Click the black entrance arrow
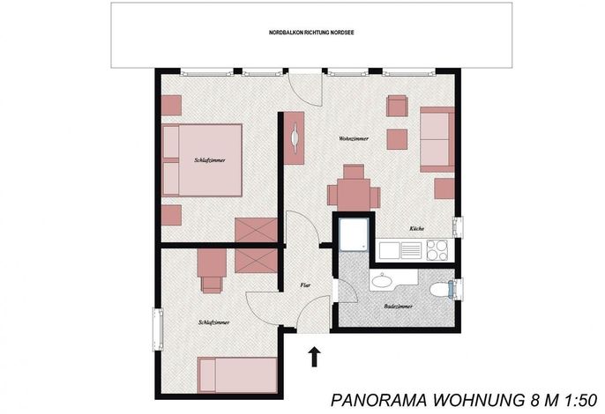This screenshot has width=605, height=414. tap(315, 357)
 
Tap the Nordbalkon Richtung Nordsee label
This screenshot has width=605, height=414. tap(311, 33)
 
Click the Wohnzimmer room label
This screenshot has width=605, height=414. tap(354, 138)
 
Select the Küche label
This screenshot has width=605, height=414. tap(416, 229)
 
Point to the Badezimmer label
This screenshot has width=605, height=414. tap(399, 307)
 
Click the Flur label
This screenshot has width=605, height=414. tap(305, 285)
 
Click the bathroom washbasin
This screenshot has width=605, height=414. tap(383, 279)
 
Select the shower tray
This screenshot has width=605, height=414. tap(355, 235)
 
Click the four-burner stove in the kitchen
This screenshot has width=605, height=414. tap(437, 249)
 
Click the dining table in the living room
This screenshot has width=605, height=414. tap(354, 195)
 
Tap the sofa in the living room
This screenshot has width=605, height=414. tap(437, 139)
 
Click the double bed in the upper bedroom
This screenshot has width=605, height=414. tap(202, 160)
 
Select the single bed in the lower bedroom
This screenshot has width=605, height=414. tap(237, 375)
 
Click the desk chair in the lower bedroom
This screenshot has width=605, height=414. tap(212, 285)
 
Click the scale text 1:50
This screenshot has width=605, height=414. tap(581, 400)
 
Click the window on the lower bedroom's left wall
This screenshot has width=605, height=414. tap(158, 329)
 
